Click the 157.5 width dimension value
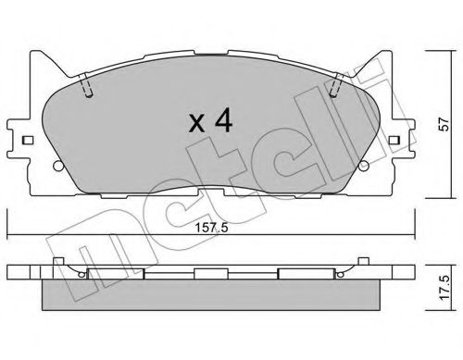201,224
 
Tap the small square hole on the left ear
28,141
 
